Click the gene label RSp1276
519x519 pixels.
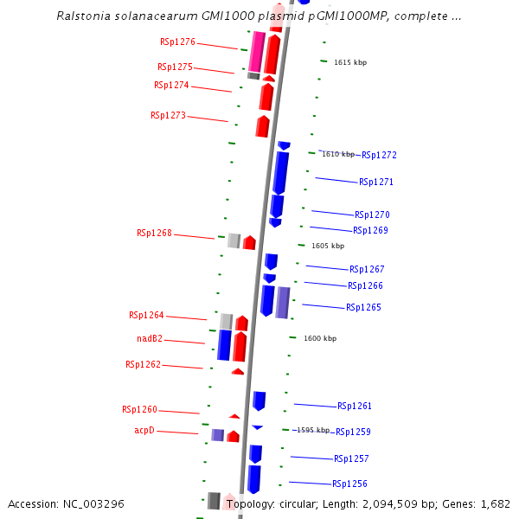177,42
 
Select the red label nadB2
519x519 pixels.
150,339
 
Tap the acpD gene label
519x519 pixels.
144,430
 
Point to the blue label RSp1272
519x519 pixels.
379,155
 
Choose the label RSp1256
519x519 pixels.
350,484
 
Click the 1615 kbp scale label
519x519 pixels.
350,62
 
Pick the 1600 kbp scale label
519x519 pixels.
320,338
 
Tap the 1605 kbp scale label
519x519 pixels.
328,246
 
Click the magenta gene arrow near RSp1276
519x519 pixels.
257,51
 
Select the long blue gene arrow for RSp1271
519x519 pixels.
280,173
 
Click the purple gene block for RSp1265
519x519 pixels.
283,302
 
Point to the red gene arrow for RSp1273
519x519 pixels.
263,126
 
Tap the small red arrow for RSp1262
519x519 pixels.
238,371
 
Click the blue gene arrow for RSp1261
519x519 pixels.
259,400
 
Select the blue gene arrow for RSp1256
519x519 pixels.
254,479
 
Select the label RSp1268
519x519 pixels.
154,233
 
